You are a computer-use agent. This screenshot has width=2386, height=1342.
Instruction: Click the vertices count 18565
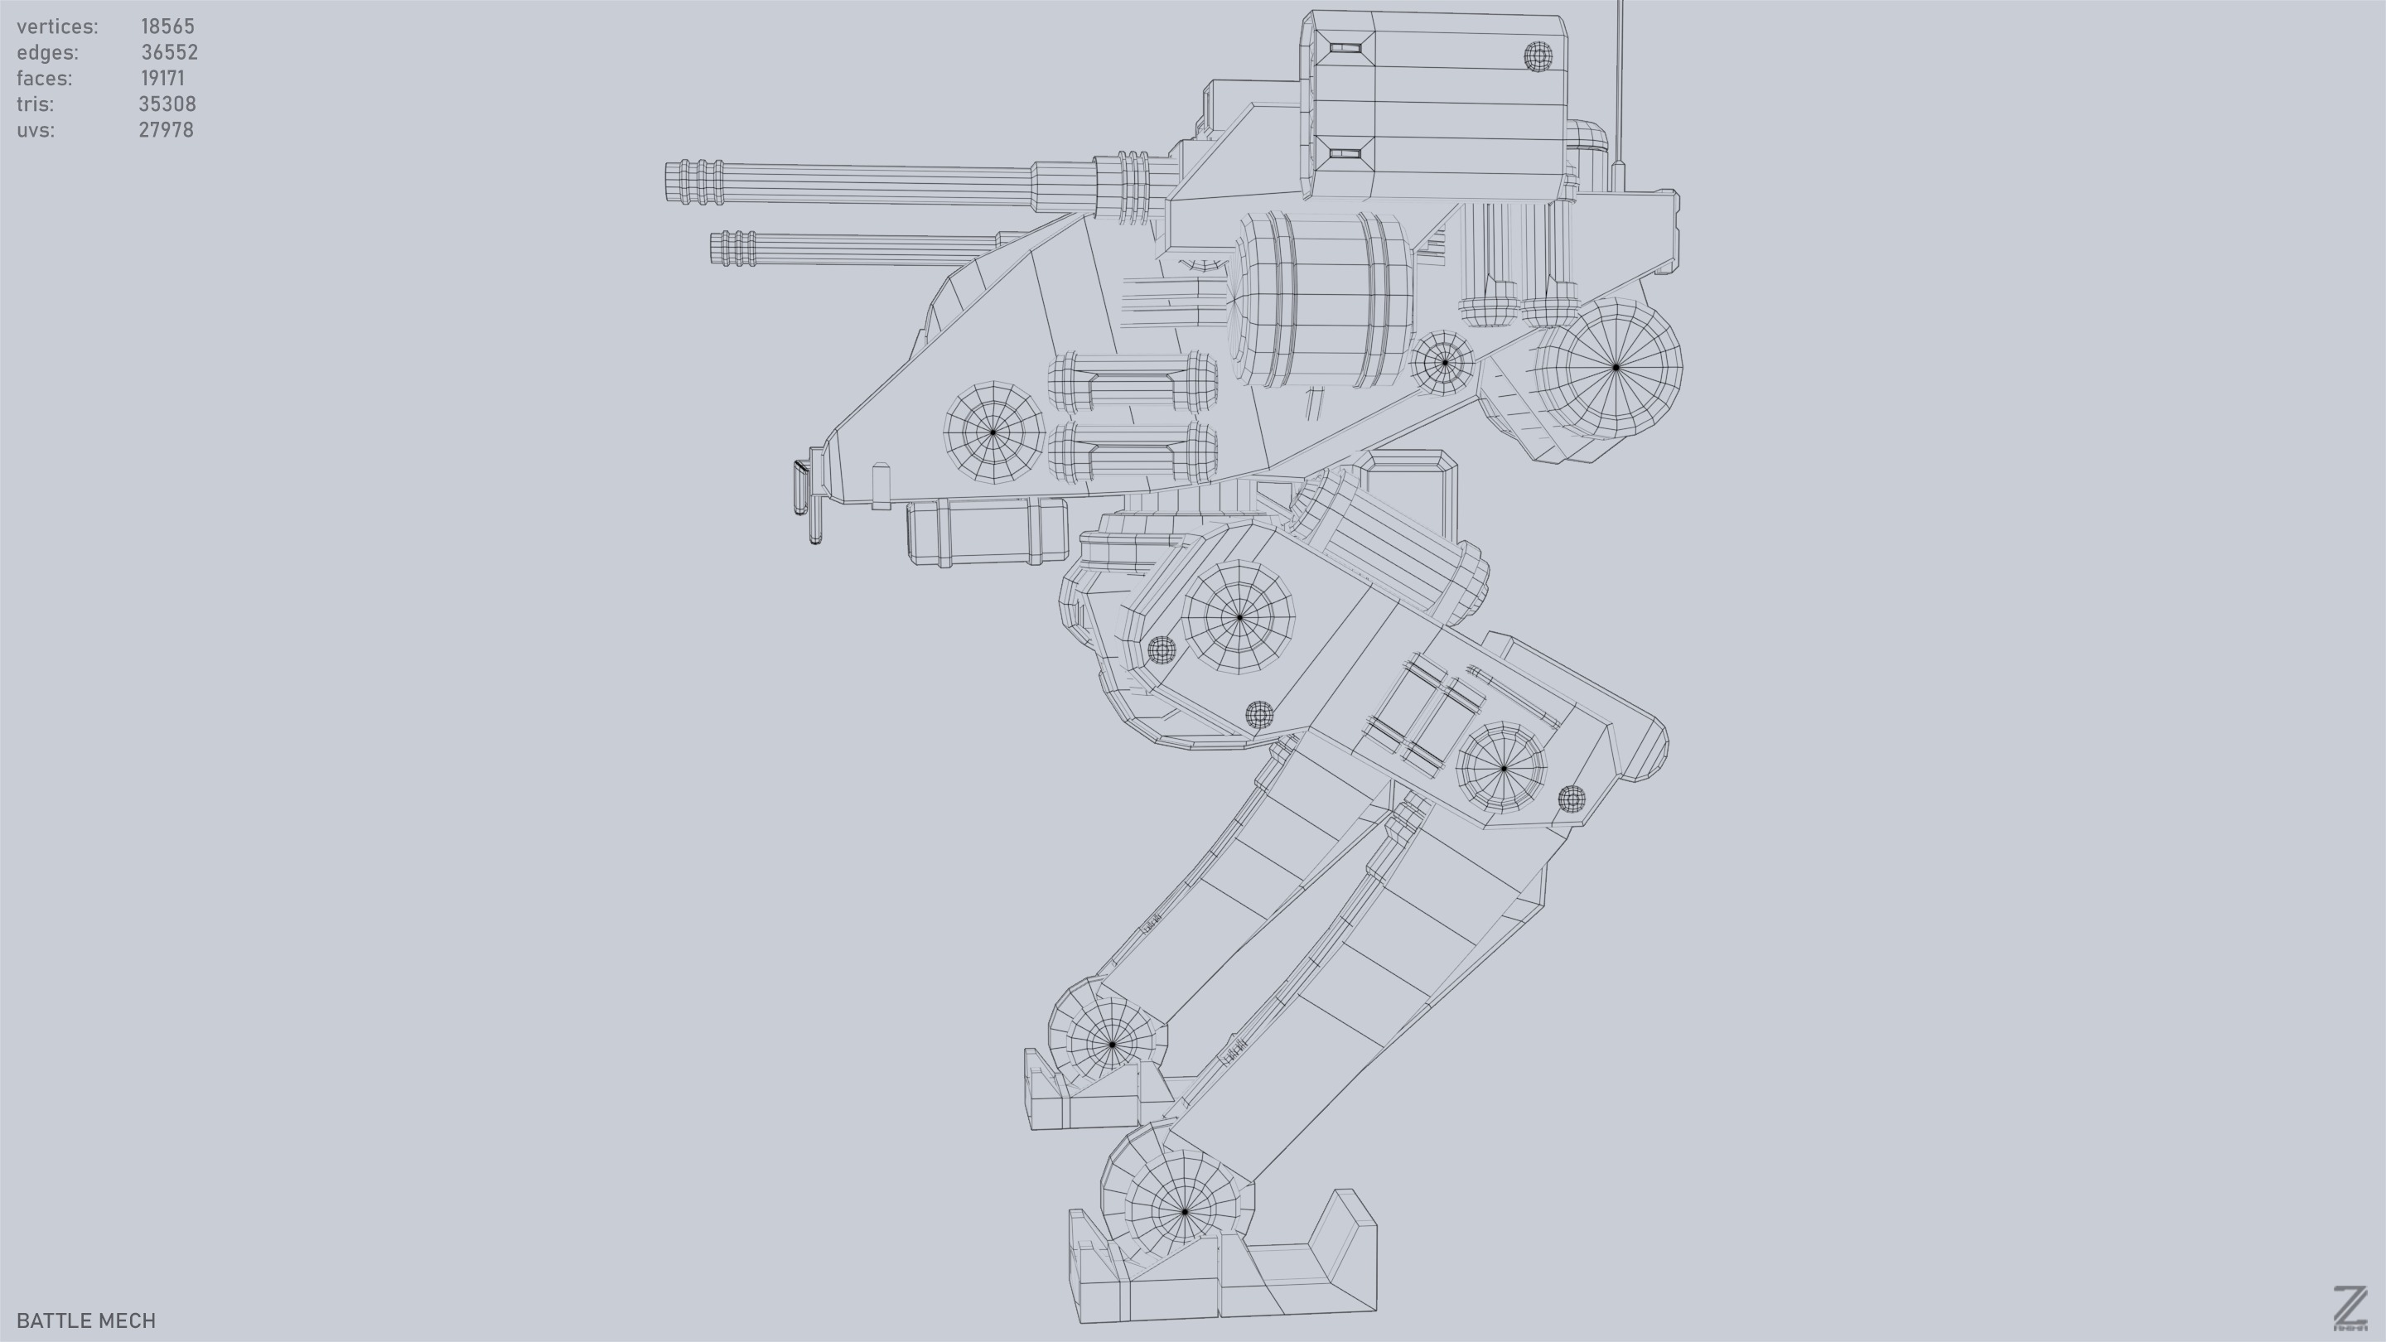pyautogui.click(x=167, y=27)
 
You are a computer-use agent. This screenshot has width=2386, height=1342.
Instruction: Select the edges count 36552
pyautogui.click(x=170, y=53)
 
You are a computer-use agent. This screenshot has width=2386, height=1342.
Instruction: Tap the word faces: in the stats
pyautogui.click(x=45, y=79)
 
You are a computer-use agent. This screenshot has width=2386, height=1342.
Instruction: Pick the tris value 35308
pyautogui.click(x=167, y=104)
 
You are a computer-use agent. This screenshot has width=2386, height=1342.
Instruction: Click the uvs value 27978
pyautogui.click(x=167, y=131)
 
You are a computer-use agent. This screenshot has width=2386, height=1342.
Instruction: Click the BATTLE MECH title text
pyautogui.click(x=86, y=1320)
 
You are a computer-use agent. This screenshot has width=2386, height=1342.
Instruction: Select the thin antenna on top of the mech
pyautogui.click(x=1620, y=84)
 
